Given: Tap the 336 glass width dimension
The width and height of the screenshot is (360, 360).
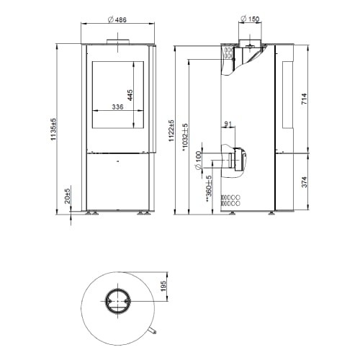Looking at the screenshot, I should (117, 107).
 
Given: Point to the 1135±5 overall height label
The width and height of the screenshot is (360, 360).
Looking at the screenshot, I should (53, 130).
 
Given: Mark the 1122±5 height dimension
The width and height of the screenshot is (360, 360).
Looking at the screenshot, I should (171, 132).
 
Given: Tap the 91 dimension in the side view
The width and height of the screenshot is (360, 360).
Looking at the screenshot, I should (229, 124).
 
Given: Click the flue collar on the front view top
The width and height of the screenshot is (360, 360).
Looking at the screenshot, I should (116, 41).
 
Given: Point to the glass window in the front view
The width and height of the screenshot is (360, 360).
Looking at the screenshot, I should (117, 94).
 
